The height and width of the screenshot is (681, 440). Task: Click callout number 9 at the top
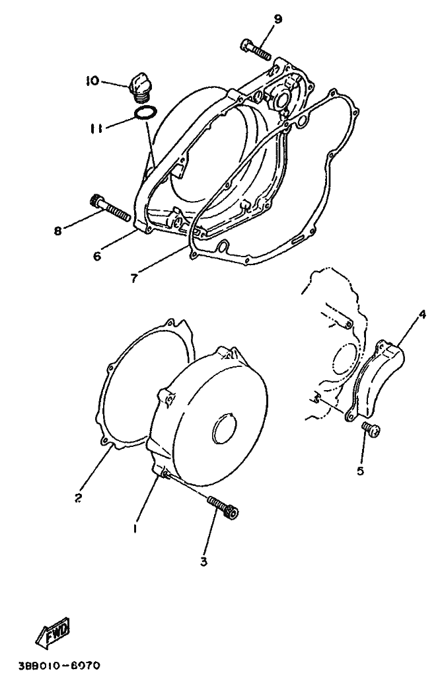(277, 19)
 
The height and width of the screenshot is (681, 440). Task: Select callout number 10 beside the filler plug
(92, 81)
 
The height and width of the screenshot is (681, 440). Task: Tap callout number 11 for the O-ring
(96, 128)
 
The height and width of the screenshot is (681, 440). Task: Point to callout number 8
(57, 231)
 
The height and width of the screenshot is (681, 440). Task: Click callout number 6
(96, 257)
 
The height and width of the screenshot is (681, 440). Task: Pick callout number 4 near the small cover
(422, 314)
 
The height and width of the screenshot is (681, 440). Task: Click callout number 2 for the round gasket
(78, 498)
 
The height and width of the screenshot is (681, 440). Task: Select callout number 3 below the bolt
(203, 561)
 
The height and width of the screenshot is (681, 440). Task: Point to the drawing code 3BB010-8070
(59, 665)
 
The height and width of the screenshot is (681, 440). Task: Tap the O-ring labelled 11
(145, 112)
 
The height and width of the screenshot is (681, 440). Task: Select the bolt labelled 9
(255, 50)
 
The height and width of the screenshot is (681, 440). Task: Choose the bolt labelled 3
(223, 508)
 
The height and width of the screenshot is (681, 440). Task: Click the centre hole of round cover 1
(225, 429)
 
